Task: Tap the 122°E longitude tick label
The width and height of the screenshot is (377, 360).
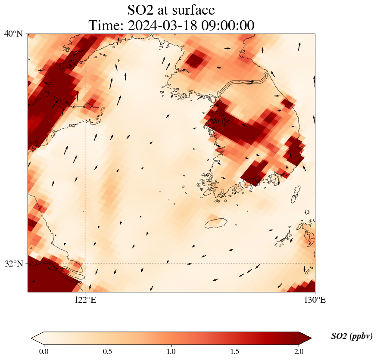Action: click(x=85, y=300)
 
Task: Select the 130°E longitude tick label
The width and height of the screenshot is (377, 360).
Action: click(x=315, y=300)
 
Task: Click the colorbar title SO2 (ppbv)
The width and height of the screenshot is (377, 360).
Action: click(x=352, y=336)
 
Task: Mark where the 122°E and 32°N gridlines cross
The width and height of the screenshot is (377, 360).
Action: click(x=85, y=264)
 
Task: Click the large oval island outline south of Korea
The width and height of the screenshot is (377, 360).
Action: click(x=215, y=223)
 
